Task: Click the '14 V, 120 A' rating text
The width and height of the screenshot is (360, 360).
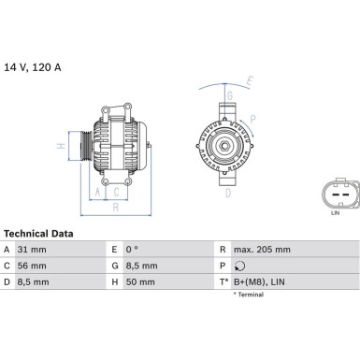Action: (33, 67)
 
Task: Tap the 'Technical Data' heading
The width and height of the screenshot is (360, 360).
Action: (38, 234)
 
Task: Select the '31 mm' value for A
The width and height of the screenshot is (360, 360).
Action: (32, 250)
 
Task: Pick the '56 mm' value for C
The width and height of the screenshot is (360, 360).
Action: (32, 266)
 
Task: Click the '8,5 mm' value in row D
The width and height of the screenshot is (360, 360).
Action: (33, 282)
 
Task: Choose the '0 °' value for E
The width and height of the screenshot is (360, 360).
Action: (132, 250)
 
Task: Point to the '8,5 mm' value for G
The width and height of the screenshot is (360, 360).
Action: (141, 266)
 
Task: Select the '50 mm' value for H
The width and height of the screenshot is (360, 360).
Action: (140, 282)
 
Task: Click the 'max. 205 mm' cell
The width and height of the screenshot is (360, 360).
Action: (262, 250)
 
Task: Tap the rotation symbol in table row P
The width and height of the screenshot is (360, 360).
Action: (239, 266)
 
